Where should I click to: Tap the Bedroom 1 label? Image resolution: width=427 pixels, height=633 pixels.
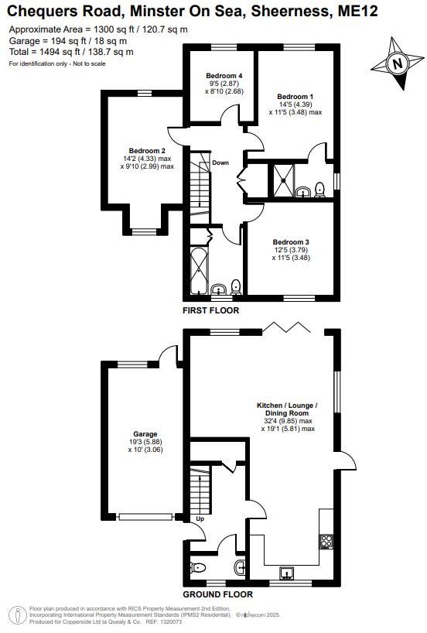[x=295, y=97]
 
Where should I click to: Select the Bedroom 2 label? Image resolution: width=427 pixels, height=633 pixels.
[x=147, y=150]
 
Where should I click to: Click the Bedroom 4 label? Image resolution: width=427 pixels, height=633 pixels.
[x=218, y=75]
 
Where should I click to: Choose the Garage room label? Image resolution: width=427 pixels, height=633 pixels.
[x=145, y=434]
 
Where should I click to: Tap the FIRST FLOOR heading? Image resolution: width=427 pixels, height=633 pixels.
[x=210, y=310]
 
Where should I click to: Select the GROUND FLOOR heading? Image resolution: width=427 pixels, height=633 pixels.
[x=217, y=595]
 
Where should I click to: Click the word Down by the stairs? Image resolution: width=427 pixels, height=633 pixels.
[x=220, y=163]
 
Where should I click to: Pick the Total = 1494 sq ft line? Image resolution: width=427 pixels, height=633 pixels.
[x=71, y=52]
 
